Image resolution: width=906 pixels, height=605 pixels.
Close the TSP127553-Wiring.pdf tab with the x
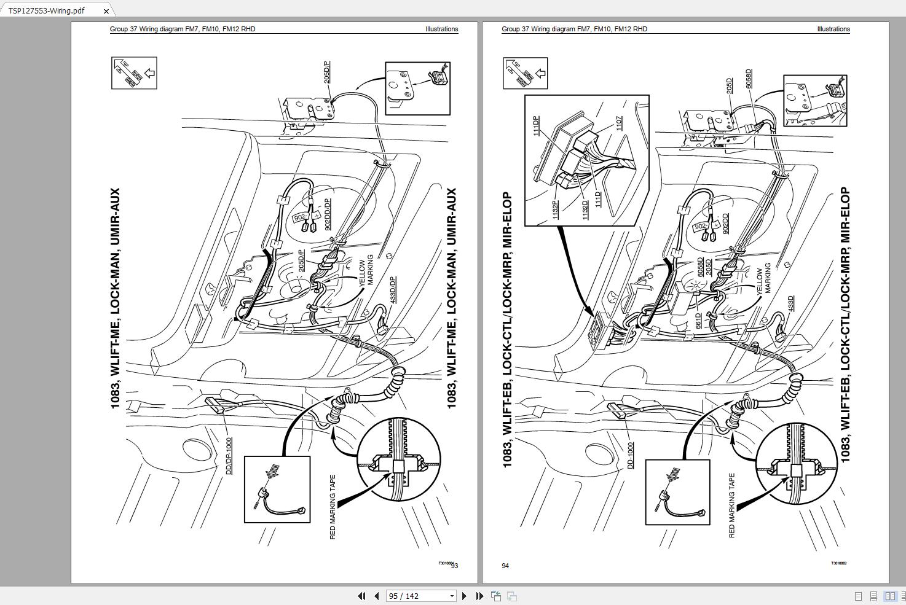[106, 11]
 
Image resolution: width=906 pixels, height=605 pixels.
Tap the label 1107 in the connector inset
[619, 123]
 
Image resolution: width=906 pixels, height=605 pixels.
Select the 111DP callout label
[536, 125]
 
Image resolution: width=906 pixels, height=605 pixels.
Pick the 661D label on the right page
[698, 321]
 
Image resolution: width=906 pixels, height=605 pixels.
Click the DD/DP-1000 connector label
[229, 455]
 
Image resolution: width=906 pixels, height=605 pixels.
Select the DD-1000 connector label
[630, 455]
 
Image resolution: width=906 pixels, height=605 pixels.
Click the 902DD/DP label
[328, 214]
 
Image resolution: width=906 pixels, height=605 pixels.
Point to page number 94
[505, 566]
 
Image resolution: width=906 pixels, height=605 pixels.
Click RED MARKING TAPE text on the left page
[333, 507]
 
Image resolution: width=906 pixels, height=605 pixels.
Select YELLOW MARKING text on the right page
[763, 280]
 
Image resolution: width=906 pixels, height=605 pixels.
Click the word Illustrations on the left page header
[441, 29]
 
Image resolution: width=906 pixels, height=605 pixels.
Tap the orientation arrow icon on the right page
[525, 73]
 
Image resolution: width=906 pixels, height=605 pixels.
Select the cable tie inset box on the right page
[677, 492]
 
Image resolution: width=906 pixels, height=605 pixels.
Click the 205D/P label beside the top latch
[327, 72]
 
